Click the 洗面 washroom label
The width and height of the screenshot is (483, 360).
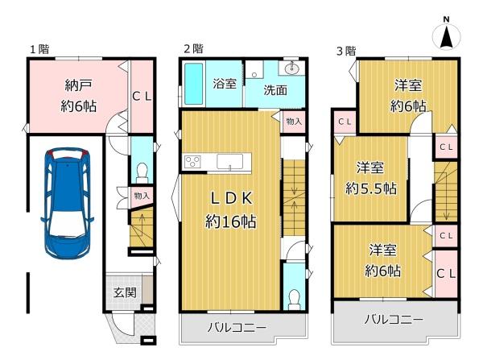coord(275,90)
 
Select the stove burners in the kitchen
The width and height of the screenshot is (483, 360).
coord(194,162)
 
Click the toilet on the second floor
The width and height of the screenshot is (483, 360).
coord(294,296)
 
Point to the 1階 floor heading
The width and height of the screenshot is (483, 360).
coord(39,49)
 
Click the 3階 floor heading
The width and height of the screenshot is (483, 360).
coord(345,50)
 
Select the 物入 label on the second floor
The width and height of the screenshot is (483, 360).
coord(294,121)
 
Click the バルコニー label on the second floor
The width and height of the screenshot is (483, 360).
coord(237,327)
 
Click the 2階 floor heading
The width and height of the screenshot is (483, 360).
coord(193,49)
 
